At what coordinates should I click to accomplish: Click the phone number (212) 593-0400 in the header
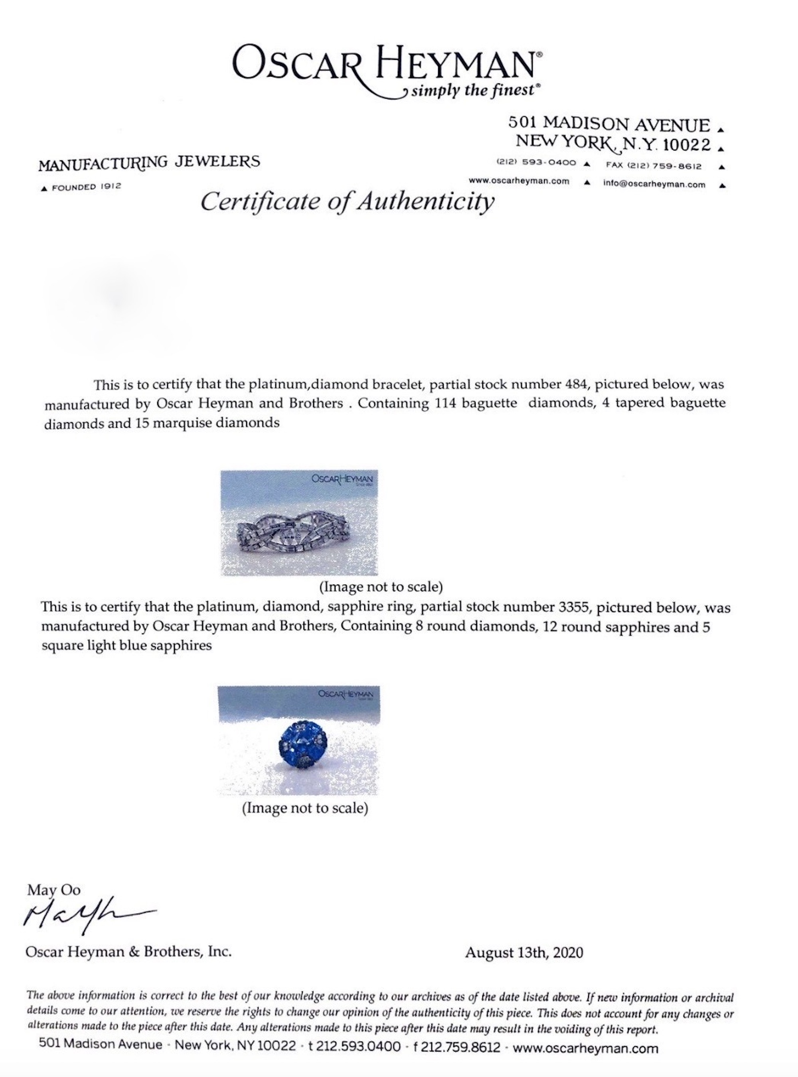(x=536, y=163)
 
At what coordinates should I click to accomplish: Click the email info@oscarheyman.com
(x=654, y=184)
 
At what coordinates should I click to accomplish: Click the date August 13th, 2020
(x=524, y=952)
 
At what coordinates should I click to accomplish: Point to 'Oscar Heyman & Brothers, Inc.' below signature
(x=128, y=951)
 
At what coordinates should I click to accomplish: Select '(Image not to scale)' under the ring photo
(x=305, y=808)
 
